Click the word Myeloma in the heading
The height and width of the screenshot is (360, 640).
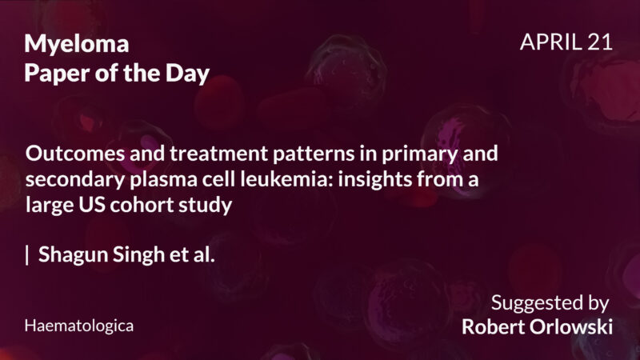pyautogui.click(x=76, y=44)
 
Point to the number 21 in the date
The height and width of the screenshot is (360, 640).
pyautogui.click(x=598, y=42)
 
